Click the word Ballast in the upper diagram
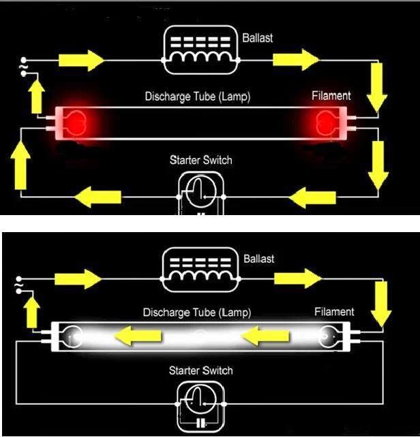point(257,38)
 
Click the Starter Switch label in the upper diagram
point(200,161)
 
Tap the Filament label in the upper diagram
point(331,96)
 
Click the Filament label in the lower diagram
point(334,312)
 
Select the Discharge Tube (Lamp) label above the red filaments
point(198,97)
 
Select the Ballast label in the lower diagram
point(258,259)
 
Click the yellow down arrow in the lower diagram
point(381,303)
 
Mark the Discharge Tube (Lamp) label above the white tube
point(196,312)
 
